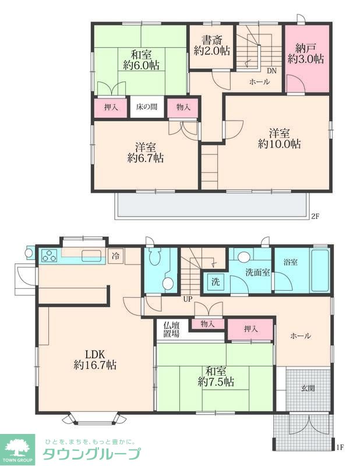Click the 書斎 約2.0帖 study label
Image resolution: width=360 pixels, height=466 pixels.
(212, 45)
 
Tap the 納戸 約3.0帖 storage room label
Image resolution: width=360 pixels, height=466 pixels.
(306, 54)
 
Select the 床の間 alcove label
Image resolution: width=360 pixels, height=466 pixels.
(147, 107)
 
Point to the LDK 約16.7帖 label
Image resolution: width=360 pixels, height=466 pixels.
(95, 359)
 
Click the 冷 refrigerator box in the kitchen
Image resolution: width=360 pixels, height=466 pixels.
(116, 255)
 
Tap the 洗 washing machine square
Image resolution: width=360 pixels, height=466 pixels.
(216, 281)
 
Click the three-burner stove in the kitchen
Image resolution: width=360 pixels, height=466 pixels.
(50, 255)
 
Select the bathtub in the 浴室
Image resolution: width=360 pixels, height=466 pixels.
(320, 270)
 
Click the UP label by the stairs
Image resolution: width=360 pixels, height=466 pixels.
(188, 299)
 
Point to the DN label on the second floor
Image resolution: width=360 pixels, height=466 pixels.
(271, 70)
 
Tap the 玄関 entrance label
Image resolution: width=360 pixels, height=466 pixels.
(308, 388)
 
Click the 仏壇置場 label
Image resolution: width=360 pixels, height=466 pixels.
(171, 329)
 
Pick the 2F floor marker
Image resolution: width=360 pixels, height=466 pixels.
(315, 216)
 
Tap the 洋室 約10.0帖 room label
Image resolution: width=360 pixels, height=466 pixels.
(279, 138)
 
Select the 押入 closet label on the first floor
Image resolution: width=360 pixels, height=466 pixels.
(250, 329)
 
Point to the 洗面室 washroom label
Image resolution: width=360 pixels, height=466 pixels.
(257, 272)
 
